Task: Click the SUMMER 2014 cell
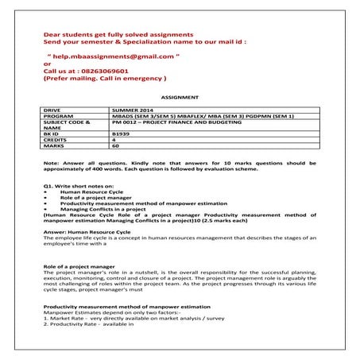134,107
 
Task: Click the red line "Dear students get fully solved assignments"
118,36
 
